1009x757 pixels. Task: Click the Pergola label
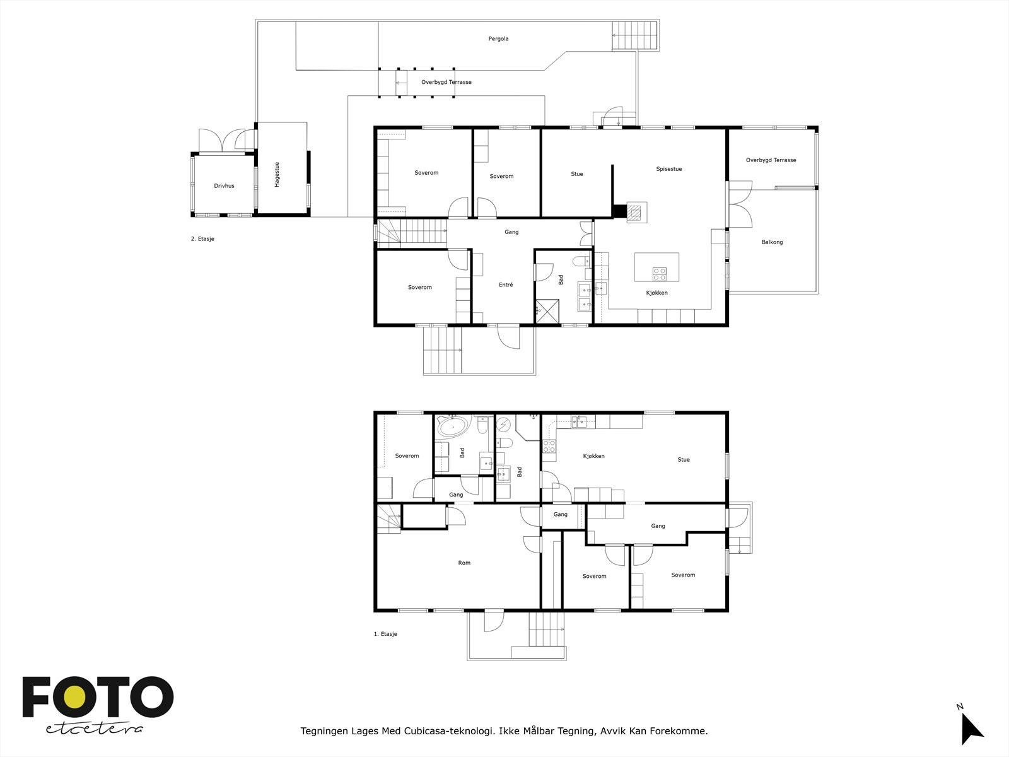(498, 39)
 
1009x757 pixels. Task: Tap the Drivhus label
(224, 186)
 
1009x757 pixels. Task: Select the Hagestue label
(277, 175)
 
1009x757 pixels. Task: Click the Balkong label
(772, 242)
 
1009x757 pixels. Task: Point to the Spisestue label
(669, 169)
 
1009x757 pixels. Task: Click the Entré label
(506, 285)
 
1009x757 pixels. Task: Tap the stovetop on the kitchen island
(659, 274)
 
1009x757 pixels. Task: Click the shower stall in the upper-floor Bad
(547, 311)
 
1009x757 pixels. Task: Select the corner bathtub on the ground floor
(453, 426)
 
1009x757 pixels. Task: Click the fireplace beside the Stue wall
(637, 212)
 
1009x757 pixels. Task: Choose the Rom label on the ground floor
(464, 563)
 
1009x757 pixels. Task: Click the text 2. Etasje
(202, 239)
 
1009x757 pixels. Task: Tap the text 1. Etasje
(385, 634)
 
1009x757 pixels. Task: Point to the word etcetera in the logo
(94, 729)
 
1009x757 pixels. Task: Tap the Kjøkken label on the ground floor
(593, 456)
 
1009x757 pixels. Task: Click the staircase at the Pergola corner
(634, 35)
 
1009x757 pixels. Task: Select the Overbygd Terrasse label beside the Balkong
(771, 160)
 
